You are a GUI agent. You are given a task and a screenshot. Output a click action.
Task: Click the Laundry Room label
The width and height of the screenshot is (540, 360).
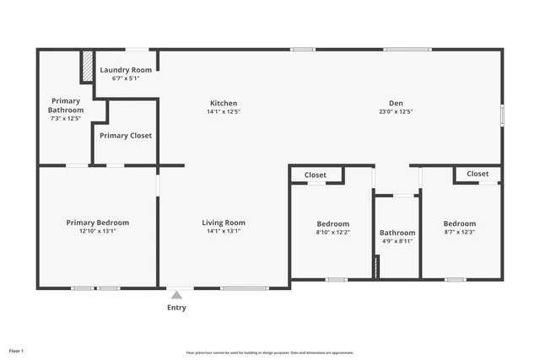[x=126, y=70]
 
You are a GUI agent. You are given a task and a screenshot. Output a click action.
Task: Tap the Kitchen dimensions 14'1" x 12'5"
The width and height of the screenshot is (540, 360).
[x=224, y=111]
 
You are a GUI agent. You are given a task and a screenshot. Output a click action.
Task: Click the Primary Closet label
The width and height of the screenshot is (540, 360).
[x=126, y=135]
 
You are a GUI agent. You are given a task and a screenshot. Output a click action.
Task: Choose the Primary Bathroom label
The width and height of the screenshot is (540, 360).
[x=66, y=105]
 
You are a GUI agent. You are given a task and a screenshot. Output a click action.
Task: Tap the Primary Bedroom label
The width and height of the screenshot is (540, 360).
[x=98, y=223]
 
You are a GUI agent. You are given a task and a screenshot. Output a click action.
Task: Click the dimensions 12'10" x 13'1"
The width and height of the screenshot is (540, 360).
[x=98, y=231]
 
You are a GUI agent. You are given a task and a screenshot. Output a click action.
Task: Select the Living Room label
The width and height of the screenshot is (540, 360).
[x=224, y=223]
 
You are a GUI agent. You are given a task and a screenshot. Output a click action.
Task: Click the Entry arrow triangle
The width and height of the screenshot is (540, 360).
[x=176, y=295]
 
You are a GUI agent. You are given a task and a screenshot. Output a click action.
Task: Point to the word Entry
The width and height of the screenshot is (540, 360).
[x=176, y=308]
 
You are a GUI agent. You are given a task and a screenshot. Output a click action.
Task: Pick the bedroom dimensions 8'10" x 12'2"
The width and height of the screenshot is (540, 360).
[x=332, y=233]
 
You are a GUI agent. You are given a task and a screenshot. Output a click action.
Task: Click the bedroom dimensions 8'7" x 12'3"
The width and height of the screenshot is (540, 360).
[x=460, y=233]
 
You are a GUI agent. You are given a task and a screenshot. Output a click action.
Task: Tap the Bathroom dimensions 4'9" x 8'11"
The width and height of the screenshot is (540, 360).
[x=397, y=242]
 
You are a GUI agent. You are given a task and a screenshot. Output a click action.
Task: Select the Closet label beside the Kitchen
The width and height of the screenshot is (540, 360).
[x=316, y=175]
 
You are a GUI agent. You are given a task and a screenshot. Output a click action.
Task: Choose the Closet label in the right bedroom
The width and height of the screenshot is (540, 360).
[x=478, y=174]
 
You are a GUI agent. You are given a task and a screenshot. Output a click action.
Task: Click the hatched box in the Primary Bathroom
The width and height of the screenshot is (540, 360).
[x=86, y=67]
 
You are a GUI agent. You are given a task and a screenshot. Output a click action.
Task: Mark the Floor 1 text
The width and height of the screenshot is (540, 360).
[x=16, y=350]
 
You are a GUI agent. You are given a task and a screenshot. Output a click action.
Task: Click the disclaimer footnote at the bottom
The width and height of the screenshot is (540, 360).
[x=270, y=352]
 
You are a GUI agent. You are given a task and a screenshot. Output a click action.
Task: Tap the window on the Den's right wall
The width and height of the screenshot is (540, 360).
[x=502, y=116]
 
